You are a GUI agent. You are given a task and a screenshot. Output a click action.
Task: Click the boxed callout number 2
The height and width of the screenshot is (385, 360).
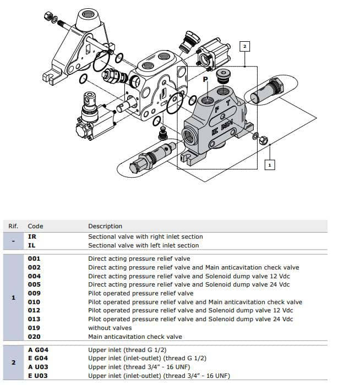coord(245,46)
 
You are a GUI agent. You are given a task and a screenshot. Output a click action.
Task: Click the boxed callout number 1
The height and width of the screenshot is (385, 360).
coord(269,164)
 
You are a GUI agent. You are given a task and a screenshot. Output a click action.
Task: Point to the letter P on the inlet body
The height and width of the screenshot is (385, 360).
coord(205,80)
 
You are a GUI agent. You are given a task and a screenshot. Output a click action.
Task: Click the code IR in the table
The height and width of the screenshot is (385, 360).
coord(32,237)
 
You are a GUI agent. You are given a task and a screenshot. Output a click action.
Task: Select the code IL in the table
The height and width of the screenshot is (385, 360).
coord(32,245)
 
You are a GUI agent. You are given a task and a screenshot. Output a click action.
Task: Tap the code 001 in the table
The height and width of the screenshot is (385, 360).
coord(34,258)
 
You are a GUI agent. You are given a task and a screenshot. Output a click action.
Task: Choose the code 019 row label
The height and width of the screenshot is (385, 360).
coord(34,328)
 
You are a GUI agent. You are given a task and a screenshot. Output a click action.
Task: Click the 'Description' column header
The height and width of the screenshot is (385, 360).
coord(105,226)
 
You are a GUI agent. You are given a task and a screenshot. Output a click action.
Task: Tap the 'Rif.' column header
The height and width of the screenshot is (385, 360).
coord(13,226)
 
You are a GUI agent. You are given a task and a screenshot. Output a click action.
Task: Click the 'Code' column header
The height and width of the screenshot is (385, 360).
coord(35,226)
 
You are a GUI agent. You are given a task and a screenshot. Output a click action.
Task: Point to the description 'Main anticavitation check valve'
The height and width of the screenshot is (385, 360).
coord(135,337)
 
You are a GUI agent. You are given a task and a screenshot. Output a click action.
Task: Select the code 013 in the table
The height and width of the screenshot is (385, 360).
coord(34,320)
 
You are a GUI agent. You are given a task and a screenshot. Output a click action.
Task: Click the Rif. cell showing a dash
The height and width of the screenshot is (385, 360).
coord(13,241)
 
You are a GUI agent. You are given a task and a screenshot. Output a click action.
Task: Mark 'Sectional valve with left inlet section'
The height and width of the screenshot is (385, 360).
coord(144,245)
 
